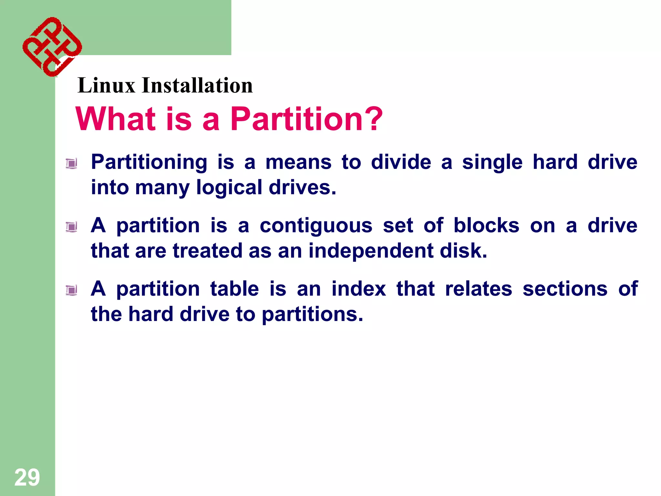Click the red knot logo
point(52,47)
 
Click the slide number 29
point(27,477)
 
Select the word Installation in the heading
point(197,86)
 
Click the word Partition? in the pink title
point(306,119)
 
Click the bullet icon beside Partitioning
point(71,163)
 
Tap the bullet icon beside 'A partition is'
point(71,227)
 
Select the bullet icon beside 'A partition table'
point(71,290)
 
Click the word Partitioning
point(149,162)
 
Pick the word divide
point(401,162)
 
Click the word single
point(492,162)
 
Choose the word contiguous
point(316,226)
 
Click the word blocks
point(486,225)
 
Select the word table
point(235,288)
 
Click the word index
point(359,288)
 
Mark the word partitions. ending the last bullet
point(312,315)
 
